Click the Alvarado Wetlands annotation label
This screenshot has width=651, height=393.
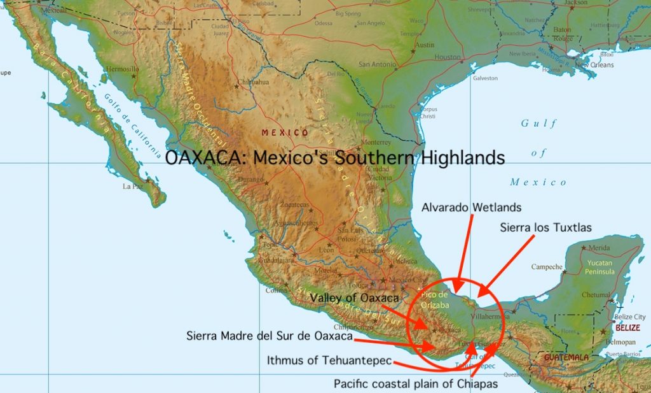471,207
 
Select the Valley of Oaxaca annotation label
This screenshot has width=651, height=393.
355,297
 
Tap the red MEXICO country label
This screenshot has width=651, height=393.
285,132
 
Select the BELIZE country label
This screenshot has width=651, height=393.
627,328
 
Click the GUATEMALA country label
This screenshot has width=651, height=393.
566,357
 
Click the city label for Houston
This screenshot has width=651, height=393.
447,57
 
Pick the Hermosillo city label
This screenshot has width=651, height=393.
121,69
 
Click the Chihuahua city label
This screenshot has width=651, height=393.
252,83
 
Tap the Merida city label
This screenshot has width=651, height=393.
600,248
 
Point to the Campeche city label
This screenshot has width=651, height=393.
547,267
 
